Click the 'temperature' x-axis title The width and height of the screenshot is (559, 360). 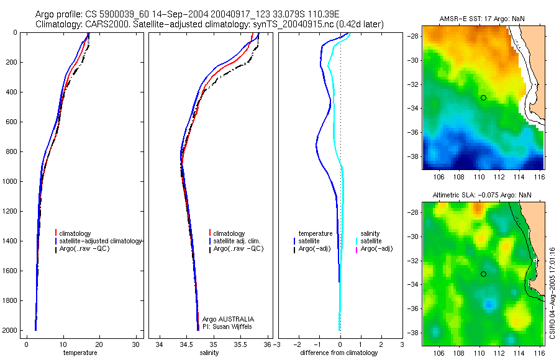[x=80, y=353]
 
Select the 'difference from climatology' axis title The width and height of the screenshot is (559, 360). [x=339, y=353]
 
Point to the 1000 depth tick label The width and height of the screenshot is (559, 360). [x=9, y=181]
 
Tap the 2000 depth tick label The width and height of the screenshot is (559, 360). [x=9, y=330]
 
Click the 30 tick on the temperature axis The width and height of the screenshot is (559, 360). [x=136, y=344]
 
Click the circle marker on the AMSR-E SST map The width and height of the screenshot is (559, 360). [x=483, y=97]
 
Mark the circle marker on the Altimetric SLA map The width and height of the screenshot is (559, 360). [x=483, y=274]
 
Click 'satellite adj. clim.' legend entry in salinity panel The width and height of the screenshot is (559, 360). [x=237, y=241]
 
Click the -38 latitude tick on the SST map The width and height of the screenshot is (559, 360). [x=413, y=156]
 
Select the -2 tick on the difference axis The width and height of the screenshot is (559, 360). [x=299, y=344]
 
